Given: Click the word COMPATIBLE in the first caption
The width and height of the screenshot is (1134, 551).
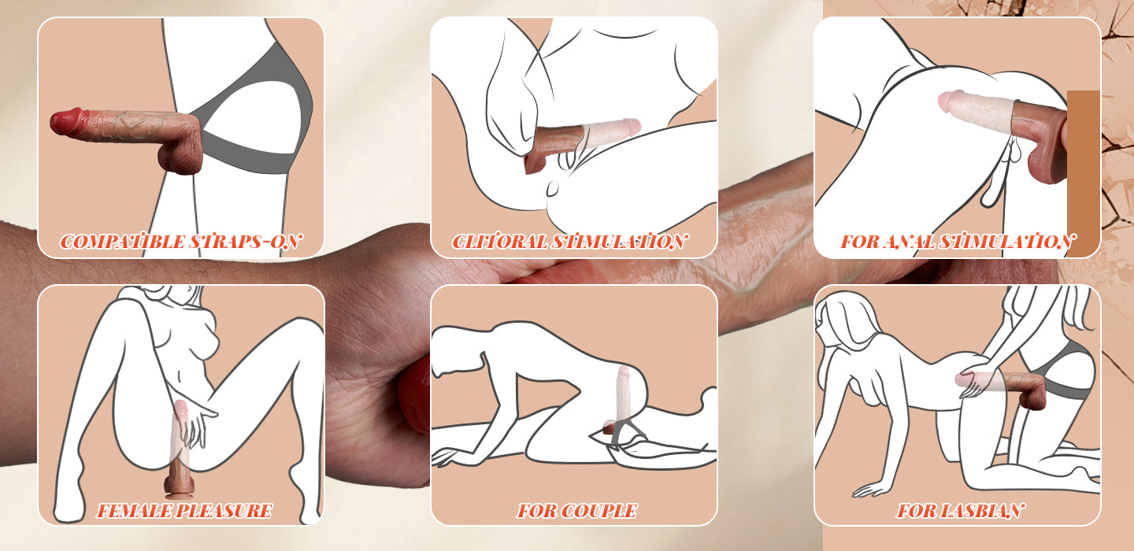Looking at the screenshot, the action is coord(123,242).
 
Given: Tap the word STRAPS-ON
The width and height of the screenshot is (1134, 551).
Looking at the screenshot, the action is coord(246,242).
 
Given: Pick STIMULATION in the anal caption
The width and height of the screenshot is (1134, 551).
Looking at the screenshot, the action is coord(1006,242).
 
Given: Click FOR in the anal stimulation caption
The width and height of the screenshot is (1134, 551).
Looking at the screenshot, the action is coord(860,242).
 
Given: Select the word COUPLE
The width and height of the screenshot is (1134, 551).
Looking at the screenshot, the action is coord(598,511).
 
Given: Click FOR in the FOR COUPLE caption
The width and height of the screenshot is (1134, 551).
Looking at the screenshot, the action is coord(535,511).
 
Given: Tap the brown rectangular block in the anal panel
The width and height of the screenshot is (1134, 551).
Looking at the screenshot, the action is coord(1084,172).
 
